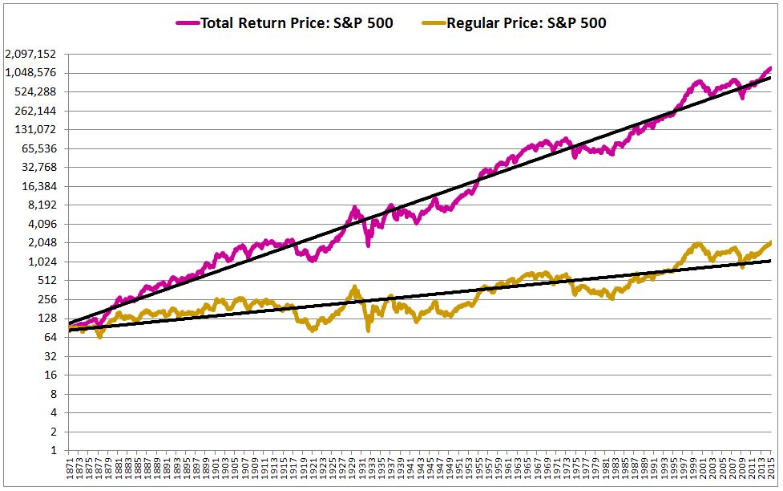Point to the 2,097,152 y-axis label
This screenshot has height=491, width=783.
tap(30, 54)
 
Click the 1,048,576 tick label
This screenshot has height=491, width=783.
tap(30, 73)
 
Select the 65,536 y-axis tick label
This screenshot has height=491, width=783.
tap(39, 148)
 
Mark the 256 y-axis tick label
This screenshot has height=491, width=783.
tap(49, 299)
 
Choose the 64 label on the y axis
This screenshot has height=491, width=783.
tap(52, 337)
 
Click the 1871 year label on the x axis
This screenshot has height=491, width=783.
tap(71, 469)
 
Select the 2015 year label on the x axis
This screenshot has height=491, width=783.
tap(770, 469)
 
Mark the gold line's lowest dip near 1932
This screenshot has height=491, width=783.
tap(368, 329)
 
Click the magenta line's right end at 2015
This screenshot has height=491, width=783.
tap(770, 68)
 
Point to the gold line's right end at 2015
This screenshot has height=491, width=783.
tap(770, 242)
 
